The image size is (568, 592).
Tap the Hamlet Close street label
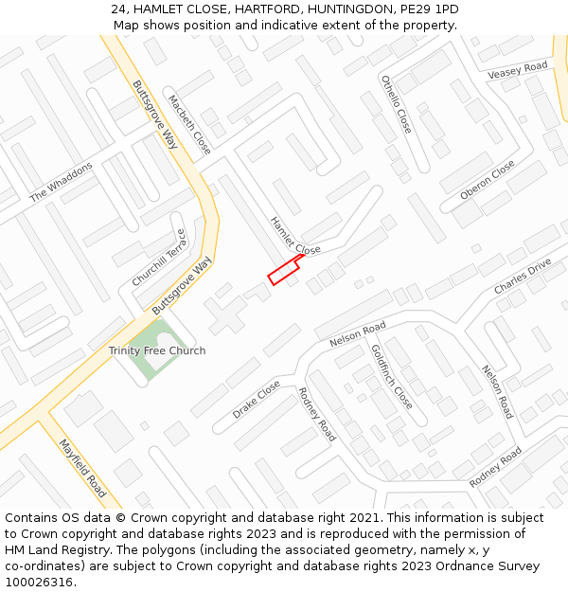tap(294, 236)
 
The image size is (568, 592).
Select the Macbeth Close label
tap(189, 124)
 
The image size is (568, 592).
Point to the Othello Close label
tap(397, 103)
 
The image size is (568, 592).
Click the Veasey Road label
tap(518, 71)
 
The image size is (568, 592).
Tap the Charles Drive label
tap(522, 276)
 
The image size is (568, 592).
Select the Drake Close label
tap(257, 400)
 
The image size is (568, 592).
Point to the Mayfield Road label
tap(82, 468)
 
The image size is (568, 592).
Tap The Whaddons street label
tap(62, 182)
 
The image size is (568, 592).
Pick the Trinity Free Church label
tap(157, 350)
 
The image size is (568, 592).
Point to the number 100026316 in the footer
tap(40, 582)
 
